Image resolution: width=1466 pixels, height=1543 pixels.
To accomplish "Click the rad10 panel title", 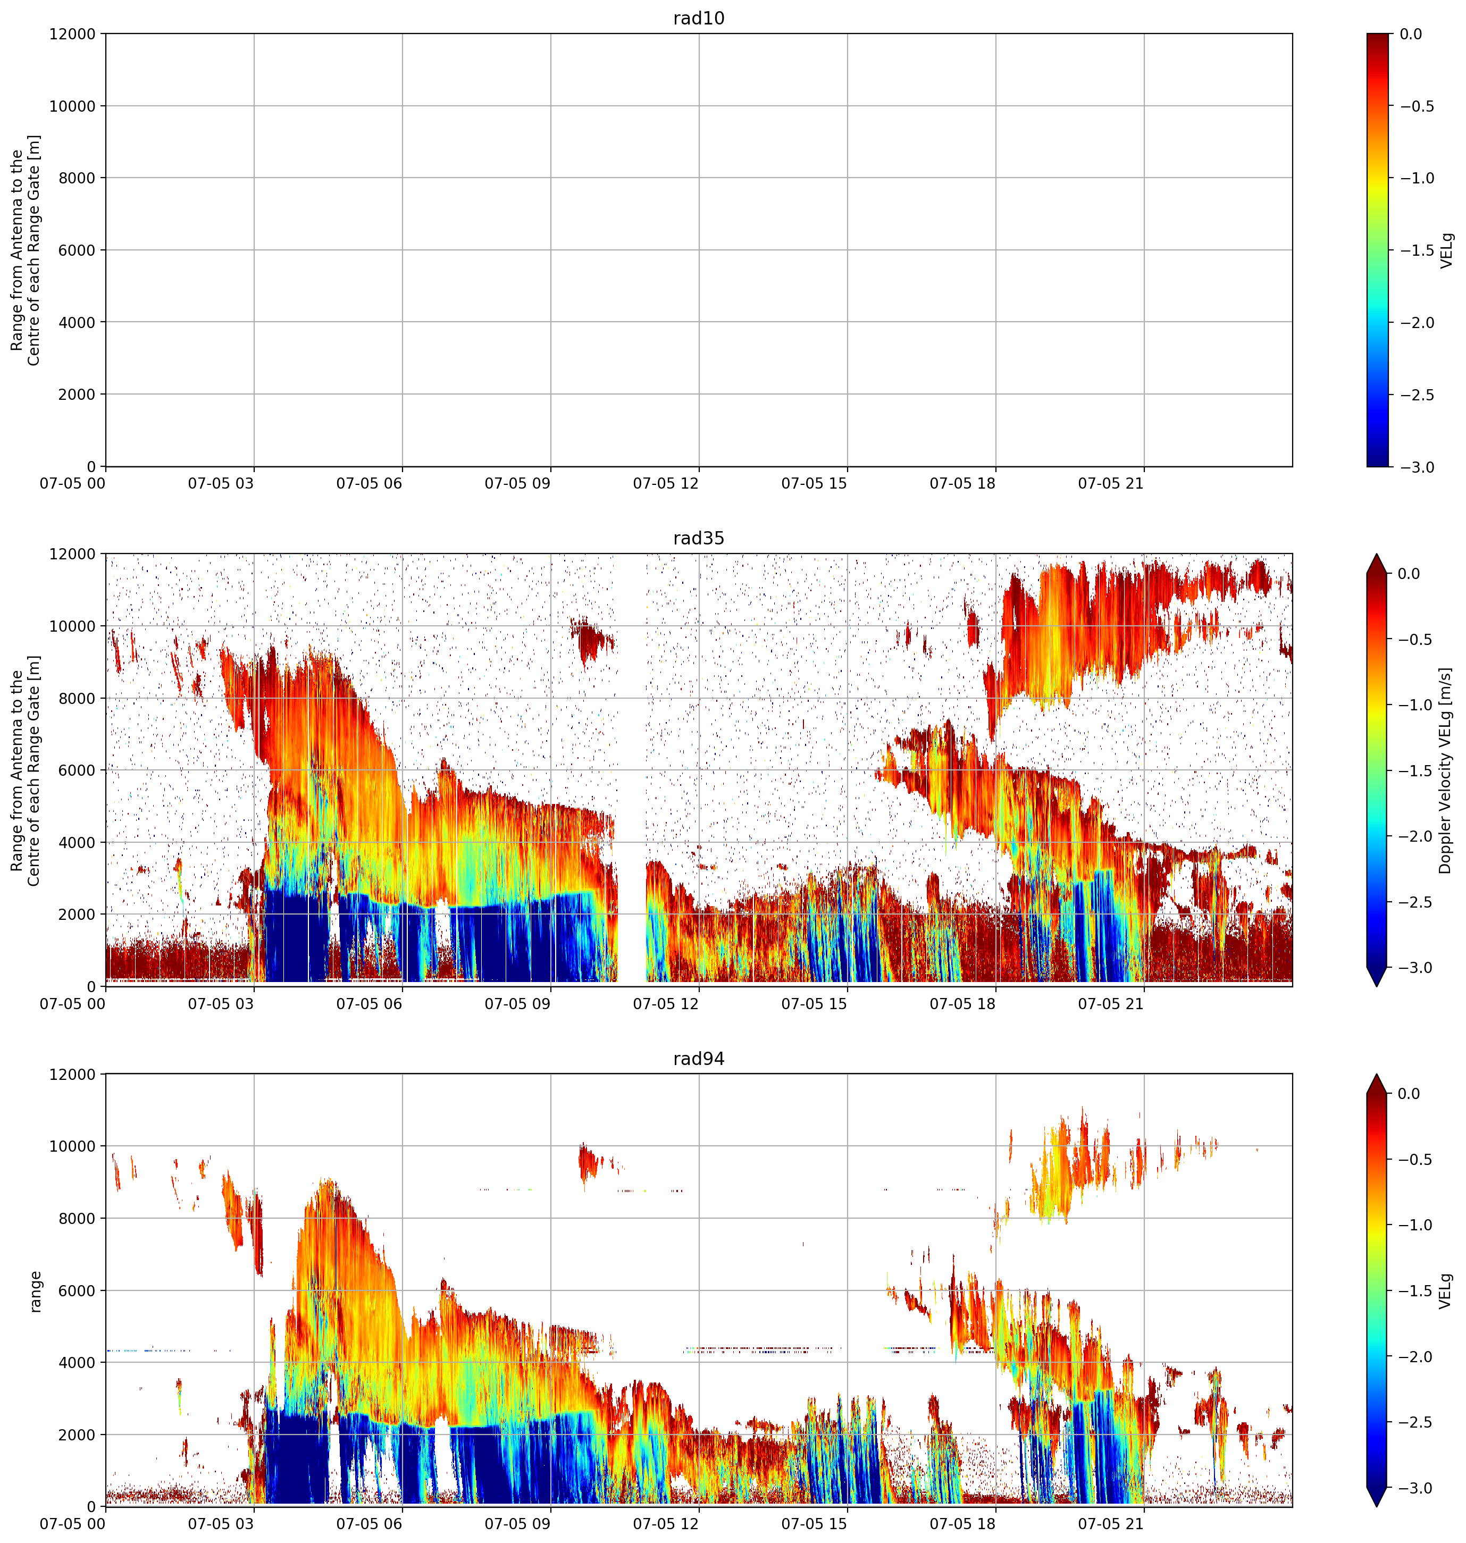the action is pyautogui.click(x=699, y=18).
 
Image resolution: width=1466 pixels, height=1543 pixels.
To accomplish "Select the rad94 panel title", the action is pyautogui.click(x=699, y=1059).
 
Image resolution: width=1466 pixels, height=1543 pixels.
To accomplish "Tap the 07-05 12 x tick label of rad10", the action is pyautogui.click(x=666, y=484).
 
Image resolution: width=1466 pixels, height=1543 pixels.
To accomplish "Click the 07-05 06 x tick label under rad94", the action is pyautogui.click(x=370, y=1524).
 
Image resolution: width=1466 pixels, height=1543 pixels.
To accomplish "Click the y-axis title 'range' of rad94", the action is pyautogui.click(x=35, y=1290).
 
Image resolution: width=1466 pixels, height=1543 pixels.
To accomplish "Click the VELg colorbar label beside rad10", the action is pyautogui.click(x=1446, y=250).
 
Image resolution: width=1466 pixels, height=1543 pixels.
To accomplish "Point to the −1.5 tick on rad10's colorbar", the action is pyautogui.click(x=1417, y=250).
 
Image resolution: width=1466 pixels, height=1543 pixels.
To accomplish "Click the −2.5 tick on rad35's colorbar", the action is pyautogui.click(x=1417, y=902).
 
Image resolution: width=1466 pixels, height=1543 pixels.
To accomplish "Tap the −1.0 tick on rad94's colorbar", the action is pyautogui.click(x=1417, y=1225).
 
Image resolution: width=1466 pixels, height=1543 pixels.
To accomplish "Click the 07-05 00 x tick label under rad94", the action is pyautogui.click(x=73, y=1524).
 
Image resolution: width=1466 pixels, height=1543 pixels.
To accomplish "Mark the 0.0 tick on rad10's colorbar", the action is pyautogui.click(x=1411, y=35).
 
